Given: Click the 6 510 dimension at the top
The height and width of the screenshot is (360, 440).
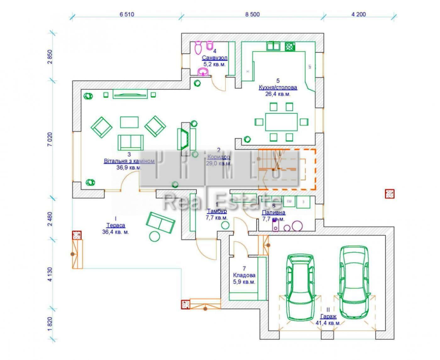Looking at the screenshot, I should pyautogui.click(x=127, y=14).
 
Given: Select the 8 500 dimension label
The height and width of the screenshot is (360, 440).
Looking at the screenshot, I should pyautogui.click(x=252, y=14).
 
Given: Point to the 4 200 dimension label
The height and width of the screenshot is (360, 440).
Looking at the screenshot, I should pyautogui.click(x=359, y=14).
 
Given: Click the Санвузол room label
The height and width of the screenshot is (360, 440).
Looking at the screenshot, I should pyautogui.click(x=215, y=58).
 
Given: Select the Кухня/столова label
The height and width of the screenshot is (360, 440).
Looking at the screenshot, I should pyautogui.click(x=278, y=88).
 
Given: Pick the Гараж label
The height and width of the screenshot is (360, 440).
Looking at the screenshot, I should pyautogui.click(x=328, y=317).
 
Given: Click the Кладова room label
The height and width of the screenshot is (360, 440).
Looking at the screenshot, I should pyautogui.click(x=244, y=275).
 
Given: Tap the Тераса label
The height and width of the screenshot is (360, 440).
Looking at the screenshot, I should pyautogui.click(x=116, y=226).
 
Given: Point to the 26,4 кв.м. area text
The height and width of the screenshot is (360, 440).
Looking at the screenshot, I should pyautogui.click(x=278, y=94).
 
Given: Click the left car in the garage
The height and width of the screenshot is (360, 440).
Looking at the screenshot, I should pyautogui.click(x=300, y=287).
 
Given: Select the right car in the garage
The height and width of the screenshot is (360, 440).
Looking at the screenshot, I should pyautogui.click(x=354, y=282).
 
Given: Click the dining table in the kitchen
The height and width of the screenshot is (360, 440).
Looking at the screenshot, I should pyautogui.click(x=281, y=122).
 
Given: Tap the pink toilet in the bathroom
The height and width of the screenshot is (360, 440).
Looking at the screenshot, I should pyautogui.click(x=198, y=47).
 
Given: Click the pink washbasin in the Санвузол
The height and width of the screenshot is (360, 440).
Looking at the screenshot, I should pyautogui.click(x=203, y=72).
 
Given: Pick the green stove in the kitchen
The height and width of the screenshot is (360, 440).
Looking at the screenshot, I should pyautogui.click(x=290, y=46).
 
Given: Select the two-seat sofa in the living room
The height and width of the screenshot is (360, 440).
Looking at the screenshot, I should pyautogui.click(x=131, y=142).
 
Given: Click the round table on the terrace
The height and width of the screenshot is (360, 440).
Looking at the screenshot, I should pyautogui.click(x=154, y=236).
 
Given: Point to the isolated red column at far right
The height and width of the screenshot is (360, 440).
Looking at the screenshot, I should pyautogui.click(x=390, y=194).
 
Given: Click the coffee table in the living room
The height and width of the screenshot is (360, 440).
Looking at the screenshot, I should pyautogui.click(x=129, y=122).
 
